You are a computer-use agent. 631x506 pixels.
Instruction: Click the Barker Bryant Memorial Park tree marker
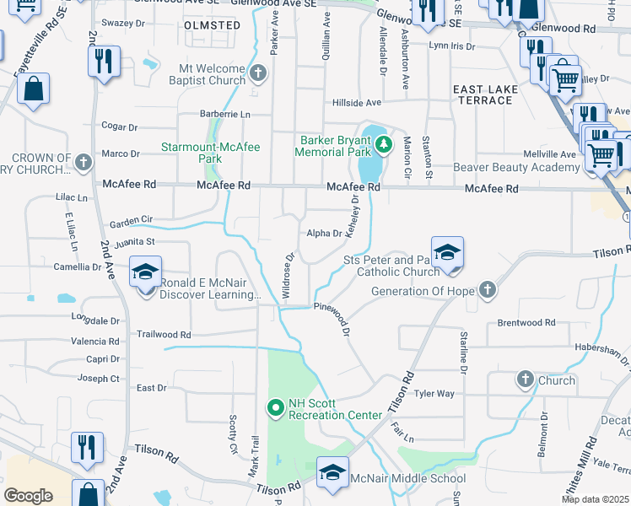click(384, 144)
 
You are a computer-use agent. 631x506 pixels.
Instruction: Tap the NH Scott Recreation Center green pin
click(275, 408)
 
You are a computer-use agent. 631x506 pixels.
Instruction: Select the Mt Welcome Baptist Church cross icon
click(258, 74)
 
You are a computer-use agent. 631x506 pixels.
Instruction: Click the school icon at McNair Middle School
click(332, 472)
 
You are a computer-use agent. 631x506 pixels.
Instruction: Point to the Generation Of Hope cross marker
click(487, 290)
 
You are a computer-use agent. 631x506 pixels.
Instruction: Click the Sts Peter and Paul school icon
click(446, 252)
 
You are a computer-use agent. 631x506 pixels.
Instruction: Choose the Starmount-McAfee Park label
click(211, 153)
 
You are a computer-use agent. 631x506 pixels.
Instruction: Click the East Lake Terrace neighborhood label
click(483, 94)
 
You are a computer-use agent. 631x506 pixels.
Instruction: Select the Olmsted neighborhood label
click(212, 25)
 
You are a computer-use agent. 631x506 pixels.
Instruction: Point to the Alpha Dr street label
click(324, 234)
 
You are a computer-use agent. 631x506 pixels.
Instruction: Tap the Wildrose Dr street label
click(288, 276)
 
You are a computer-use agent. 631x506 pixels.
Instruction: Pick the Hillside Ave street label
click(356, 102)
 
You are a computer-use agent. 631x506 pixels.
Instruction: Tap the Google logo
click(28, 495)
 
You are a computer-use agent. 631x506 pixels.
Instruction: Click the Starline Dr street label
click(463, 353)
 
